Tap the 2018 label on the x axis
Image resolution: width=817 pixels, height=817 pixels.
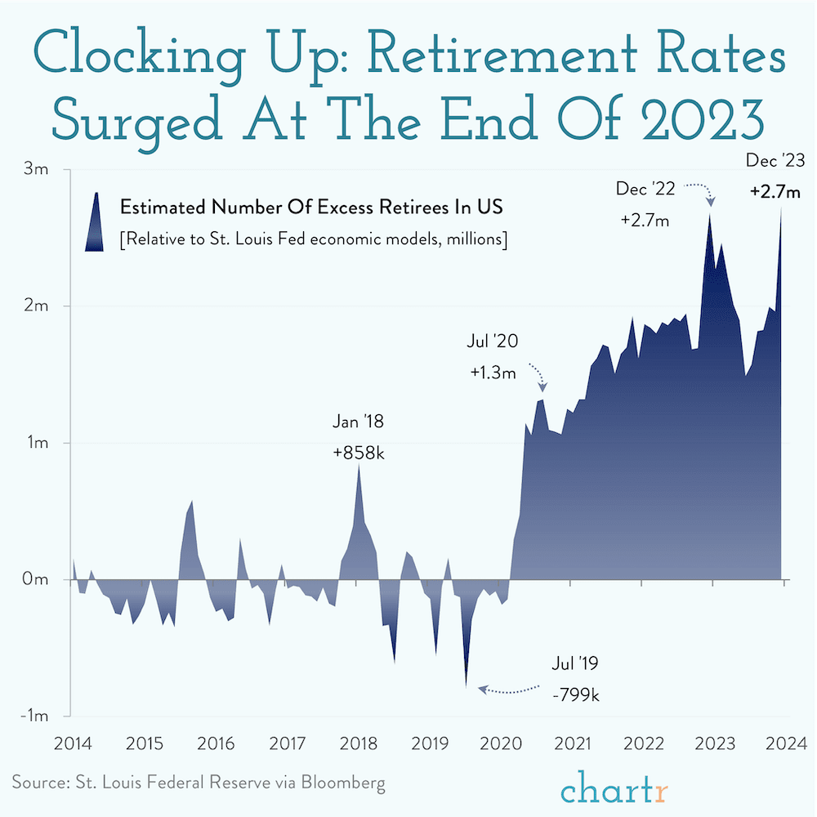coord(358,744)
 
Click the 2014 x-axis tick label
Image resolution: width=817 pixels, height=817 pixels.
coord(72,744)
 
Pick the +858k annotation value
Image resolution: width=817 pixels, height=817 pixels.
coord(358,453)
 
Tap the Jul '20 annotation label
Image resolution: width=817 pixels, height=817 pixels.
coord(493,342)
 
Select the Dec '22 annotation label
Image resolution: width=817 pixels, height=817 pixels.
coord(645,190)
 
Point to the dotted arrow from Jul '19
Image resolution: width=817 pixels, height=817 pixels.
coord(511,689)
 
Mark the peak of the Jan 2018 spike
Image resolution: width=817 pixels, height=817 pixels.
coord(359,466)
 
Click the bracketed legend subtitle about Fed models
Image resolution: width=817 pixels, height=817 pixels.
coord(314,240)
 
